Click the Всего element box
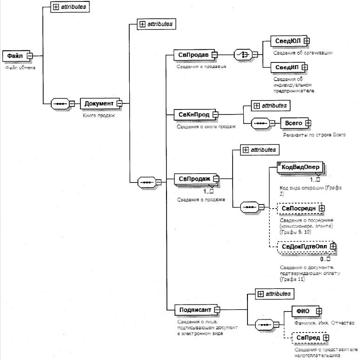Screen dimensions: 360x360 293,123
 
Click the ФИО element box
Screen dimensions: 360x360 300,310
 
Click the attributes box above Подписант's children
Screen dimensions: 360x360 274,294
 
